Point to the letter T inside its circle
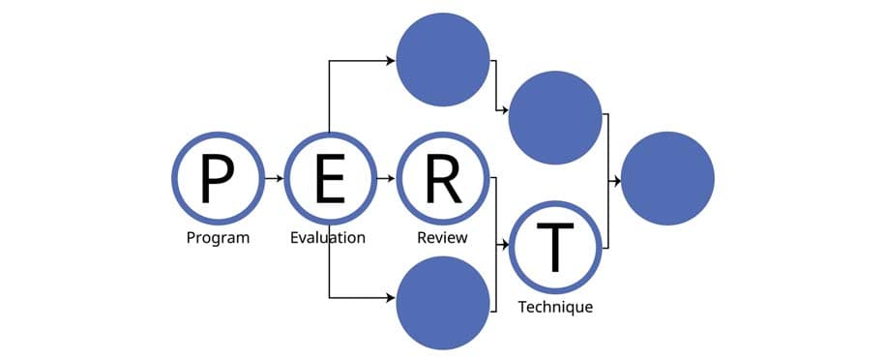click(555, 247)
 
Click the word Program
click(218, 238)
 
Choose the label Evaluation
click(328, 238)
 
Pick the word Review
click(442, 238)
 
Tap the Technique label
click(555, 307)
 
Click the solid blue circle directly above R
click(443, 60)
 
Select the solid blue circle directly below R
click(443, 302)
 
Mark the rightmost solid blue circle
click(667, 179)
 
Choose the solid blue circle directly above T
click(555, 117)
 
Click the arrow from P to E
click(274, 179)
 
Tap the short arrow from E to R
click(386, 179)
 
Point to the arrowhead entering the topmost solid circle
click(390, 61)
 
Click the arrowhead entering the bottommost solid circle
click(390, 297)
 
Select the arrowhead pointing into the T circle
click(504, 247)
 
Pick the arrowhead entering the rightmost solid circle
click(615, 179)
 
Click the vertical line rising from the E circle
click(330, 97)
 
